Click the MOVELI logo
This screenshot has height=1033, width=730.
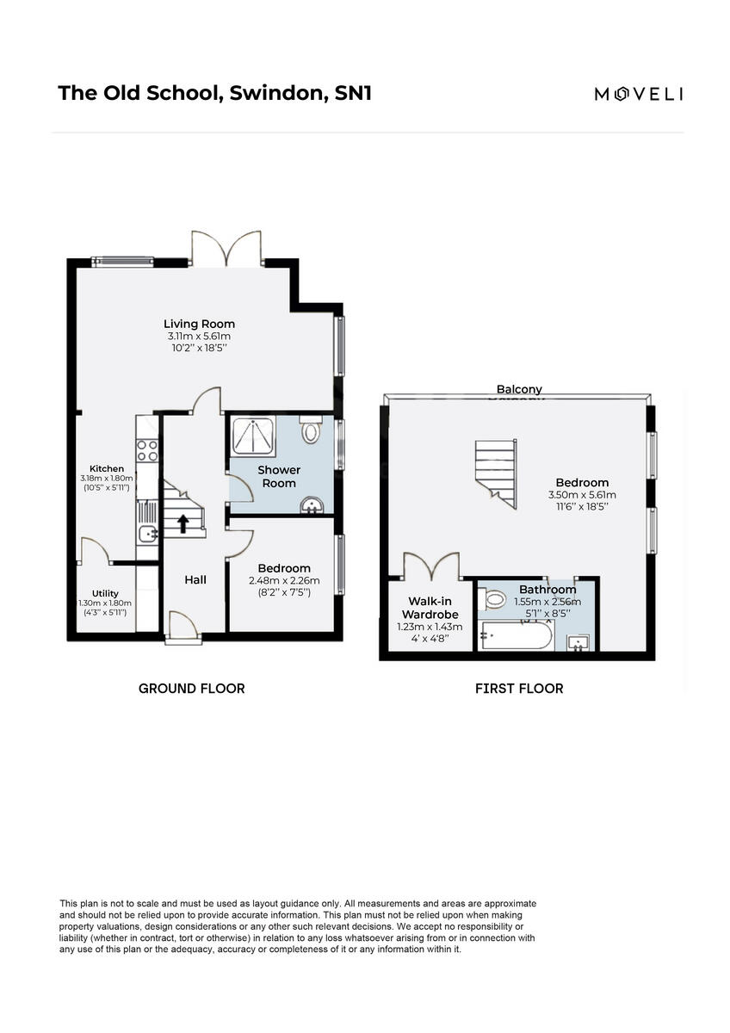click(638, 94)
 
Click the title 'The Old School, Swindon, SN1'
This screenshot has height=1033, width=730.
click(214, 93)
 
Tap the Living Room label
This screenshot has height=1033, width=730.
click(199, 324)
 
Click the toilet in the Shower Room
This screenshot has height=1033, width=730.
click(310, 430)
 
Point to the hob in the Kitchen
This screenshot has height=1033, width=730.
click(147, 450)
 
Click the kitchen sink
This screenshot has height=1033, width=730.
click(147, 534)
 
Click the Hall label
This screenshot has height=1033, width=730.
click(195, 580)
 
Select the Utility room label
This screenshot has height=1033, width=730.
click(105, 593)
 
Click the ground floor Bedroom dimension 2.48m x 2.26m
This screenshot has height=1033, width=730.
click(284, 580)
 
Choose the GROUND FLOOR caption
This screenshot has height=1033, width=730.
click(191, 689)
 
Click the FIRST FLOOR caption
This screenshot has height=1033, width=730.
click(519, 689)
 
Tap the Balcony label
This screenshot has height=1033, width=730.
click(519, 390)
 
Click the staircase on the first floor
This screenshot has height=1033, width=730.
click(497, 469)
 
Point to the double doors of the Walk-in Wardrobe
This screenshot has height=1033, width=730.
click(431, 566)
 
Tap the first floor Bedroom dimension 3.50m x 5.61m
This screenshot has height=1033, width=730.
click(582, 495)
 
